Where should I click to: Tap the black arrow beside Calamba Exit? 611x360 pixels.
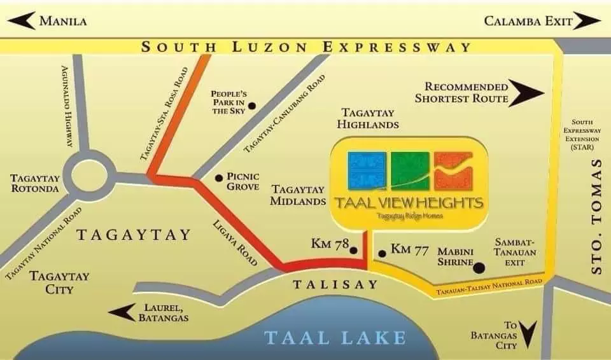(x=587, y=21)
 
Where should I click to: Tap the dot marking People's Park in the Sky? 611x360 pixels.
(x=252, y=106)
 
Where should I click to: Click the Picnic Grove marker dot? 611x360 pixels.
(x=219, y=178)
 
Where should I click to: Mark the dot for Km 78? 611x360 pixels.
(x=354, y=251)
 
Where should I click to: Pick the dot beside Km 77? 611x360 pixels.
(x=382, y=254)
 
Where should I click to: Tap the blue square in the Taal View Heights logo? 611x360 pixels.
(x=366, y=170)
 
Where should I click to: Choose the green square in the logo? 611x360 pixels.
(x=409, y=170)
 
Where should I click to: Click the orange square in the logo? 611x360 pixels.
(x=453, y=170)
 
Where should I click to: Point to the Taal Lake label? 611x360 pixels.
(x=335, y=336)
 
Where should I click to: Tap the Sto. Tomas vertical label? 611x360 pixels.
(x=596, y=217)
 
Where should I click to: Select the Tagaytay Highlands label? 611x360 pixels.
(x=369, y=118)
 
